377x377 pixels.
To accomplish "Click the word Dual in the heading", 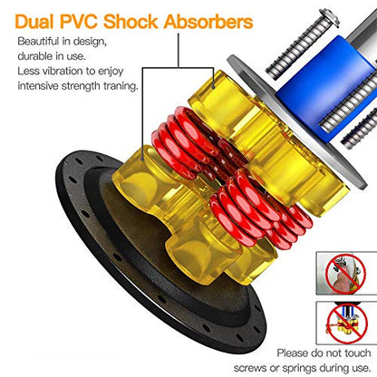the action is pyautogui.click(x=34, y=22).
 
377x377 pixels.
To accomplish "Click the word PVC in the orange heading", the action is pyautogui.click(x=79, y=22).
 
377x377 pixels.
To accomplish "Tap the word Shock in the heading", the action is pyautogui.click(x=130, y=22).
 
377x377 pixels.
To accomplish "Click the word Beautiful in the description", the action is pyautogui.click(x=38, y=41).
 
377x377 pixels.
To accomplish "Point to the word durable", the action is pyautogui.click(x=34, y=56).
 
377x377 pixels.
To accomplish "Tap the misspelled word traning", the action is pyautogui.click(x=121, y=86).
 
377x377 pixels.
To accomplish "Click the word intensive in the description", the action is pyautogui.click(x=38, y=86).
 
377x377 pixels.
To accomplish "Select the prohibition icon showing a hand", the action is pyautogui.click(x=345, y=274).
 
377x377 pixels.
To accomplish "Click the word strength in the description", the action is pyautogui.click(x=81, y=86).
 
